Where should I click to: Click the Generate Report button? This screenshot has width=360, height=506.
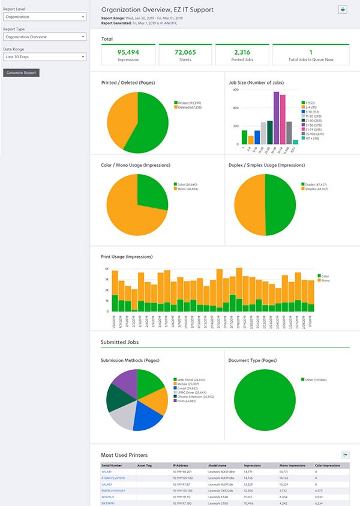coord(21,73)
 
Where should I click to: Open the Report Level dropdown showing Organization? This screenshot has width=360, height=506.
coord(44,17)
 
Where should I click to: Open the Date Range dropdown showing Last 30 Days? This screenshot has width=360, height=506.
coord(44,57)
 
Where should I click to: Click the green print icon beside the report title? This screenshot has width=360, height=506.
coord(343,10)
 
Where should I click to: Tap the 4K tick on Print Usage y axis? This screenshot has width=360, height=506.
coord(106,270)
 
